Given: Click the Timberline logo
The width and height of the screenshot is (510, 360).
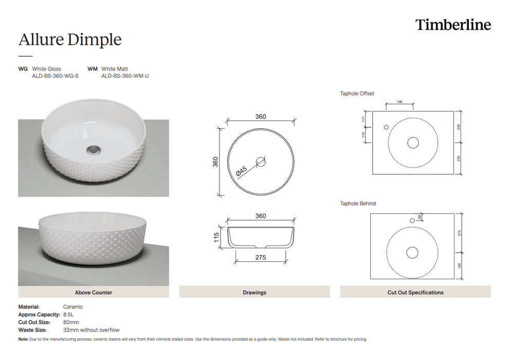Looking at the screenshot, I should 453,25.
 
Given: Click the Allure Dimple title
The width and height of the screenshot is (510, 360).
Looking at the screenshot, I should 70,40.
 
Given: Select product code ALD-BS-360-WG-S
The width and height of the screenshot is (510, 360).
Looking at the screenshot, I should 55,76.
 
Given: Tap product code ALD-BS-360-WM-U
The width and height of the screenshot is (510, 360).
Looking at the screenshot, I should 125,76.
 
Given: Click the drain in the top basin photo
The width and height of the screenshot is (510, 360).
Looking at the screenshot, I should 93,149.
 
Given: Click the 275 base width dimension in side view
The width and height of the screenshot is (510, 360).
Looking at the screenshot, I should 261,257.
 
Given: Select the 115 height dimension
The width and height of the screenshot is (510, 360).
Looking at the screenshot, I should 217,237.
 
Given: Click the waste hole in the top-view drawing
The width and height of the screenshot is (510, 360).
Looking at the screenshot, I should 261,161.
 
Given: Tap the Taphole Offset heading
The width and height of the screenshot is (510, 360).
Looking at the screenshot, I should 357,94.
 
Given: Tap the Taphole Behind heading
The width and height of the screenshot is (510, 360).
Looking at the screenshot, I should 358,204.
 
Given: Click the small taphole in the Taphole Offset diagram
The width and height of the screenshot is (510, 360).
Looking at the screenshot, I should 386,127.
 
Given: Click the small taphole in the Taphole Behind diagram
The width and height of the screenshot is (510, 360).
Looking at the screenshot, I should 412,221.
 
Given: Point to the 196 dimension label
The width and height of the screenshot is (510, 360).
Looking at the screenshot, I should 399,102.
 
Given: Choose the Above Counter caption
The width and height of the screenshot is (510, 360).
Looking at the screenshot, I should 94,293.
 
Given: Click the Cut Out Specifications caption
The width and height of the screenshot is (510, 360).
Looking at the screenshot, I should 415,293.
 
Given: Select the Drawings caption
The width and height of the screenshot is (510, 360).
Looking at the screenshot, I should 254,293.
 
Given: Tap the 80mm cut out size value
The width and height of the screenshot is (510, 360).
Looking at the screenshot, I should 71,322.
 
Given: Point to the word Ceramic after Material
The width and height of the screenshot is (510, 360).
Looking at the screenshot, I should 72,307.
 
